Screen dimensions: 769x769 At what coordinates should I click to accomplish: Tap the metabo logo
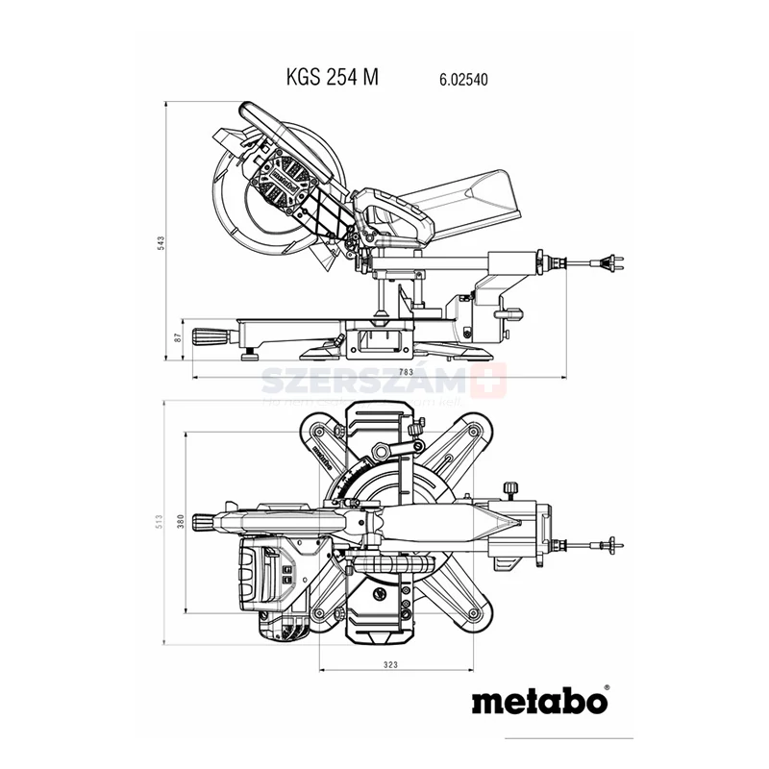pos(539,700)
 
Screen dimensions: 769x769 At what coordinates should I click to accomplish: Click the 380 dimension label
pos(181,520)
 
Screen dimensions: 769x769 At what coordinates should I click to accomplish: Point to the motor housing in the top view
pos(264,577)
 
